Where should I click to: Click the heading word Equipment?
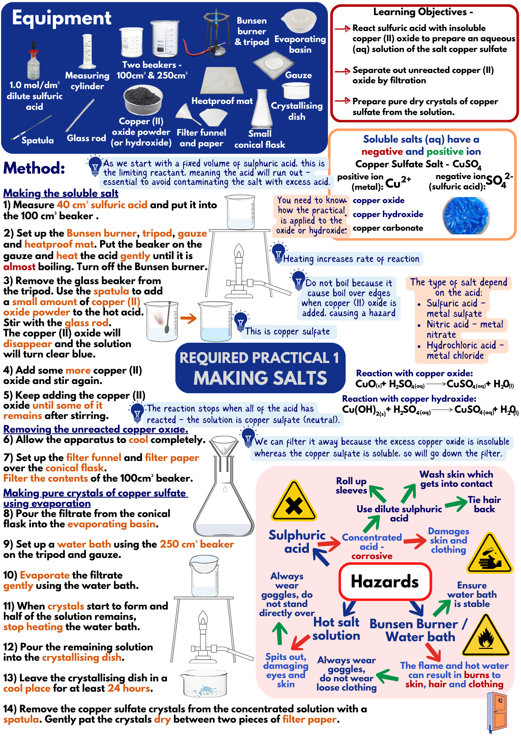[x=62, y=18]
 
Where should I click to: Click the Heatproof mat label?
[x=222, y=101]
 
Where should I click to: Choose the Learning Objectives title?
[x=423, y=12]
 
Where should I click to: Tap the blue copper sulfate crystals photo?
[x=466, y=216]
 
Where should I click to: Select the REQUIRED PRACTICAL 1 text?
[x=259, y=358]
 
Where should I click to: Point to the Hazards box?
[x=385, y=582]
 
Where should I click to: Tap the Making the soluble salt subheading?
[x=61, y=193]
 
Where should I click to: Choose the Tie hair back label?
[x=484, y=504]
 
